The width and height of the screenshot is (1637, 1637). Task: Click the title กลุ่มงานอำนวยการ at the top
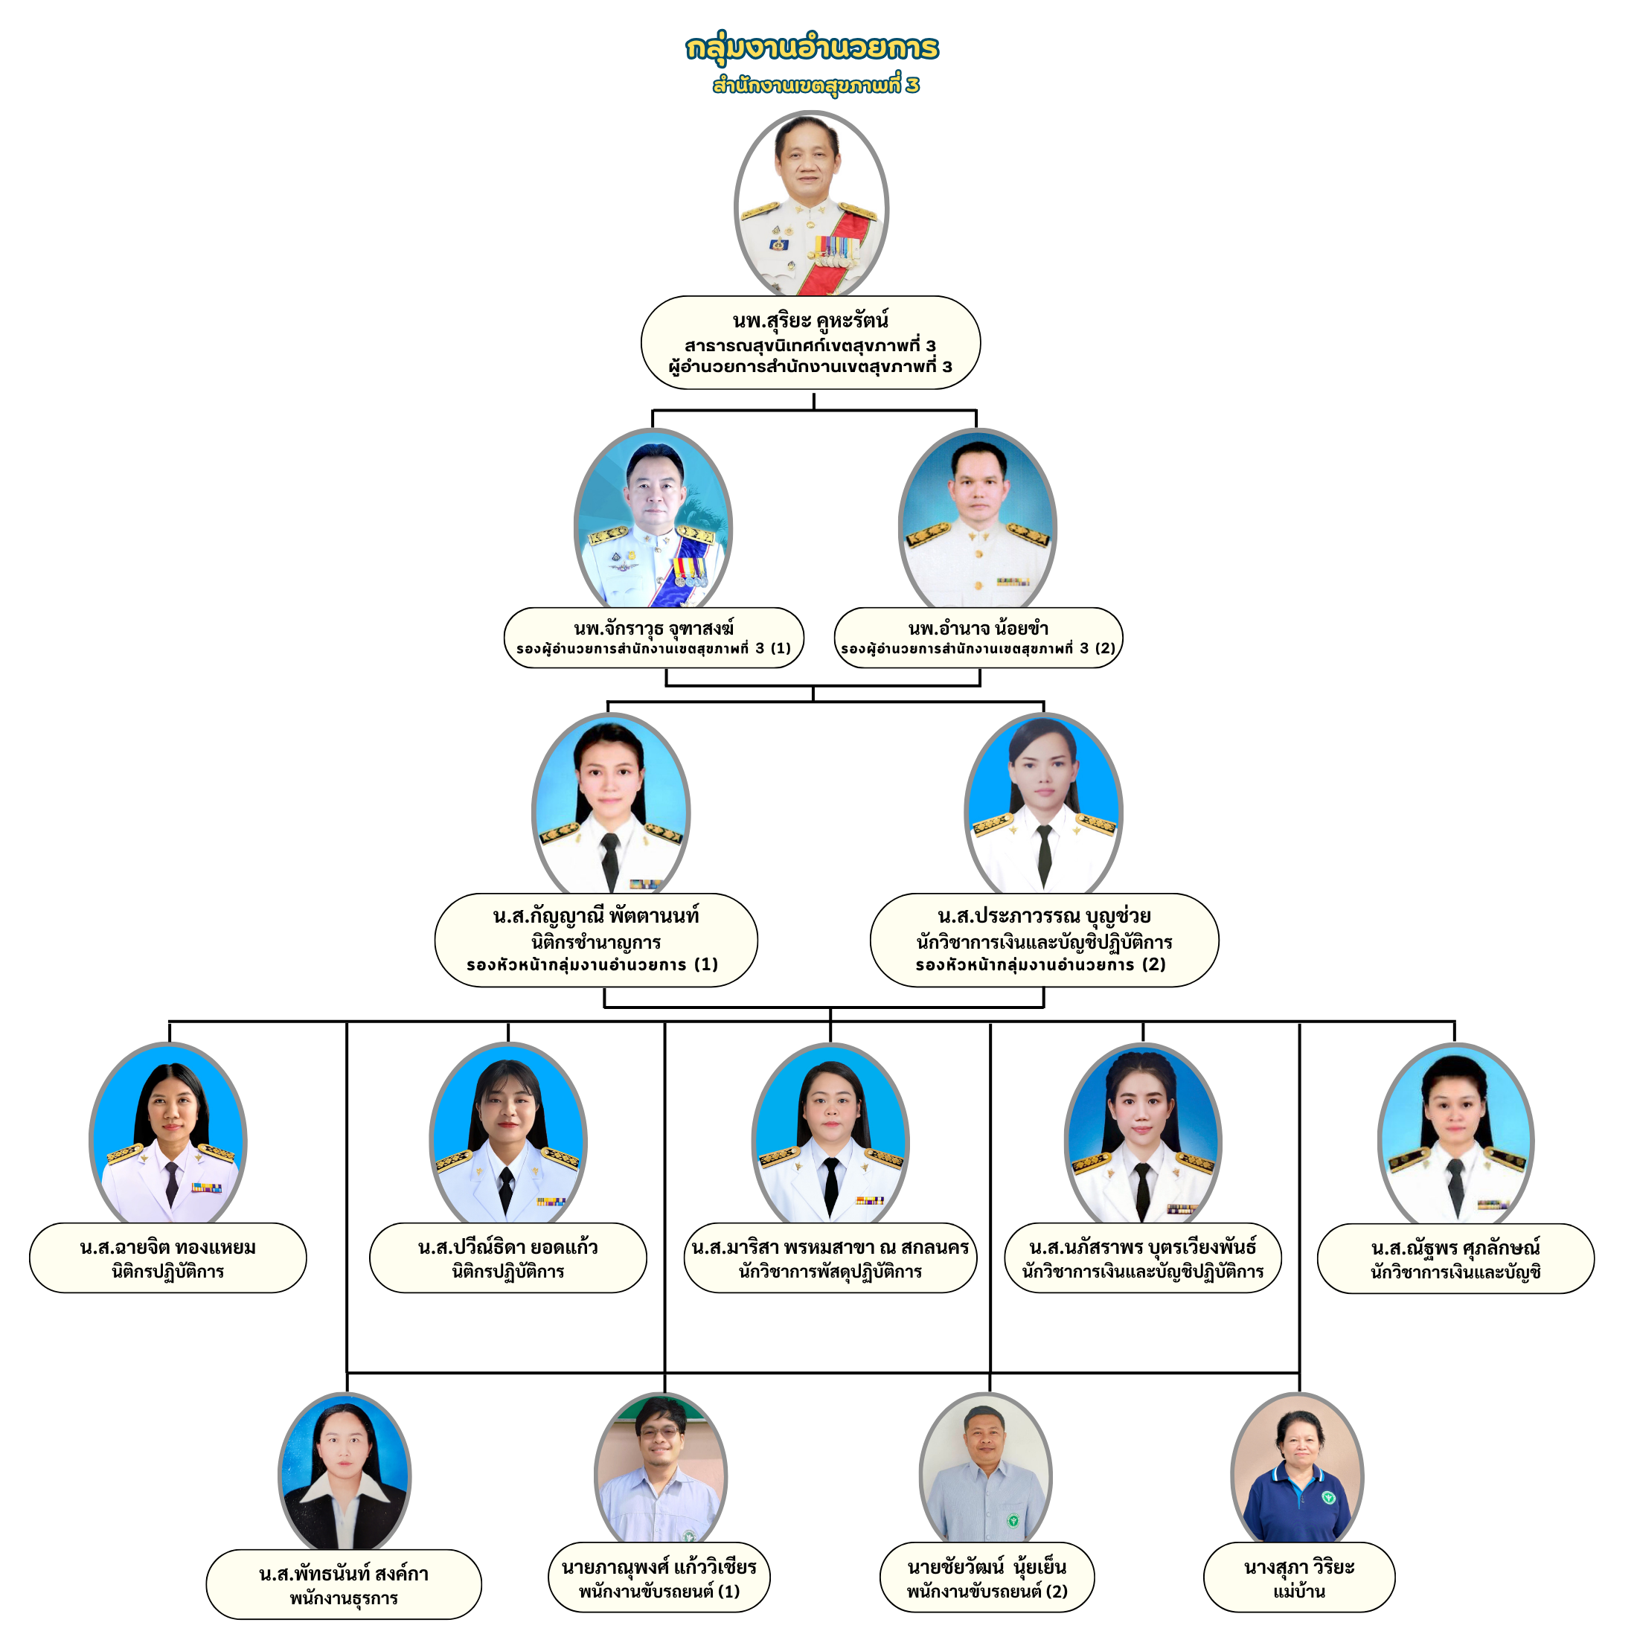(x=812, y=48)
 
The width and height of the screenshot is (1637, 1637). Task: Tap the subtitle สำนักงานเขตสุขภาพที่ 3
(x=815, y=86)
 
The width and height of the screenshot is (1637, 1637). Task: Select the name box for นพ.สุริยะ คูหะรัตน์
(x=810, y=342)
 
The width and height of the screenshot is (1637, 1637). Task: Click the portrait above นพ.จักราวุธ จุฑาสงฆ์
(x=653, y=519)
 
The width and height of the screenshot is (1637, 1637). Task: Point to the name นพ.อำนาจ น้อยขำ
(x=978, y=629)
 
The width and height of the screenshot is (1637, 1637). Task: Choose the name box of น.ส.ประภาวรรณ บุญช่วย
(x=1043, y=940)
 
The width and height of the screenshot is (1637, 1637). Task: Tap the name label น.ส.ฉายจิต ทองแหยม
(x=167, y=1247)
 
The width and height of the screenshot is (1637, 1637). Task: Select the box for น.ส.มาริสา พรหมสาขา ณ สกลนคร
(x=830, y=1258)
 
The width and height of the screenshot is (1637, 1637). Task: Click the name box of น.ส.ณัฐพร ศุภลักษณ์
(x=1455, y=1258)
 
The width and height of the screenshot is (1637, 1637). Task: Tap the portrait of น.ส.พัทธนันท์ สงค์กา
(x=344, y=1473)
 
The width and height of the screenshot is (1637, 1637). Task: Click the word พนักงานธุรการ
(x=343, y=1599)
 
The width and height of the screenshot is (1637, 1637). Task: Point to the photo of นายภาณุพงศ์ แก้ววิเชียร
(x=660, y=1470)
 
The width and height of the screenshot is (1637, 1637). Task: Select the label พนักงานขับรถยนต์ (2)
(x=987, y=1592)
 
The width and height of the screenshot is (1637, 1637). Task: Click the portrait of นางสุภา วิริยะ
(x=1296, y=1470)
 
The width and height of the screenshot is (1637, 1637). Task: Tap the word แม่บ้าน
(x=1298, y=1592)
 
